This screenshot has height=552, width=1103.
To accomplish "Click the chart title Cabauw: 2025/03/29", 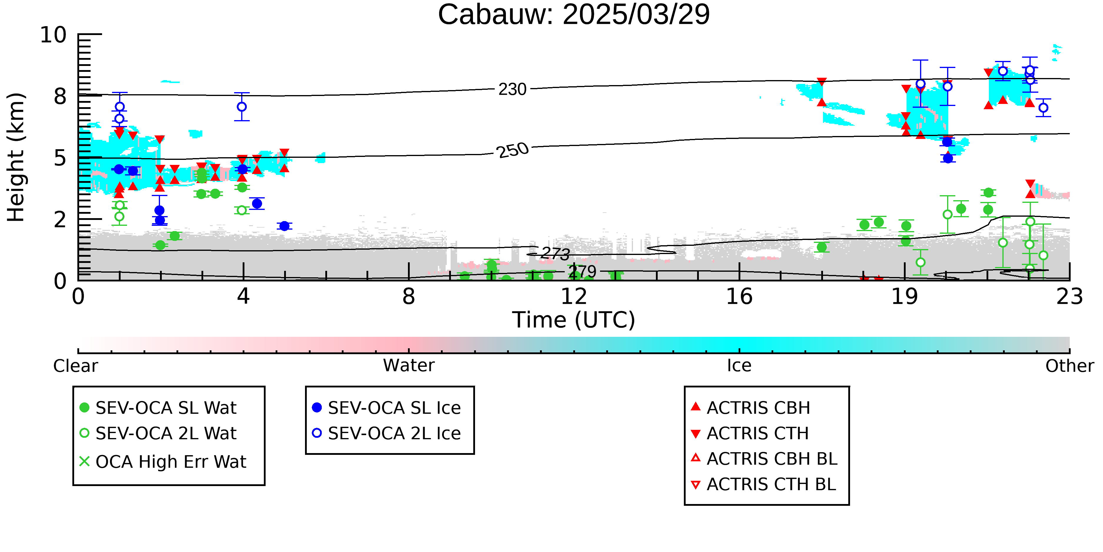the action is point(574,14).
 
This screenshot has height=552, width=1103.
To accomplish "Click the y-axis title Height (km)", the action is point(16,157).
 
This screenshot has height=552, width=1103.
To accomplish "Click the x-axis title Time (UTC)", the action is point(574,320).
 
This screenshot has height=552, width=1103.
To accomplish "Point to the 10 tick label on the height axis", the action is point(53,35).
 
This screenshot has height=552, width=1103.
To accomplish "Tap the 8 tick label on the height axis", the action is point(60,97).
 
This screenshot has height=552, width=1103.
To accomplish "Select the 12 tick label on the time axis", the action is point(574,296).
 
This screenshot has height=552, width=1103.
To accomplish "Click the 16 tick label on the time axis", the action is point(739,296).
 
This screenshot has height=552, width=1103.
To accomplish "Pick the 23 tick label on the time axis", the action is point(1069,296).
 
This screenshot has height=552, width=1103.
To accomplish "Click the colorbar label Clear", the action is point(75,366).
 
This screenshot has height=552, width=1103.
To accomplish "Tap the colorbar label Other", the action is point(1069,366).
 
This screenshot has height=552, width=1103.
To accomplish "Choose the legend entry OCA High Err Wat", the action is point(163,462).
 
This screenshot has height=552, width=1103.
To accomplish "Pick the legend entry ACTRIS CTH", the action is point(750,433).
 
